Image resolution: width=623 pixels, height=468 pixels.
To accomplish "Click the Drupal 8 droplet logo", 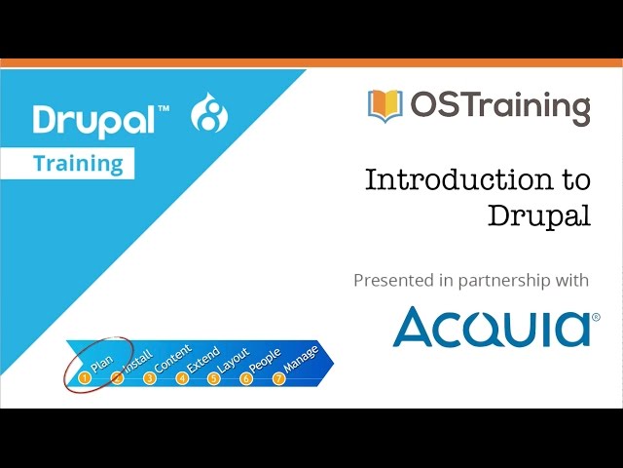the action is click(209, 113).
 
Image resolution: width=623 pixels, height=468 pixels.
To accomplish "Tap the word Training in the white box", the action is click(78, 164).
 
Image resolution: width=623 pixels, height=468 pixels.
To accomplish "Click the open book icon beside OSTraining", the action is click(385, 106).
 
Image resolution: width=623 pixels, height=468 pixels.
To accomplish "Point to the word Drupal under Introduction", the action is click(538, 215).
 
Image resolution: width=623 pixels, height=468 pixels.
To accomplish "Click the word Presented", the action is click(394, 280).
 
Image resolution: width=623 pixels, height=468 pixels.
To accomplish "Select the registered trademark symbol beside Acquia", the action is click(596, 317).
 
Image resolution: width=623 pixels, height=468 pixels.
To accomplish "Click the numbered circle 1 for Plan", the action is click(85, 377).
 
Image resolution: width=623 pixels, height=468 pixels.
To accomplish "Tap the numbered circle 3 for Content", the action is click(149, 377).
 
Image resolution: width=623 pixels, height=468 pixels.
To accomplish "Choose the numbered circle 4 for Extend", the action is click(182, 377).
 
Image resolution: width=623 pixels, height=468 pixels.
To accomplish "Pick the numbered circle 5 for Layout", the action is click(214, 377).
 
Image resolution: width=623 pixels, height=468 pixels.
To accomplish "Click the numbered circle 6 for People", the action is click(246, 377).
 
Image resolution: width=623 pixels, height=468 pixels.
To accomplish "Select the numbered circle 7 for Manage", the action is click(279, 377).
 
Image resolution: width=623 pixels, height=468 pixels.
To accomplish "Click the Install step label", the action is click(138, 361).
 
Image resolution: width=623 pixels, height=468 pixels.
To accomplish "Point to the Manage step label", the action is click(302, 358).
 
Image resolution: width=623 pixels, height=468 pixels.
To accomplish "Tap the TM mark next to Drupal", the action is click(165, 108).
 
